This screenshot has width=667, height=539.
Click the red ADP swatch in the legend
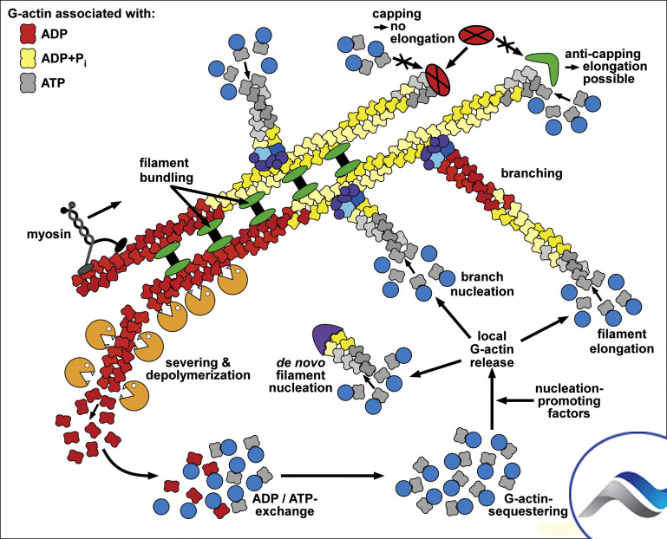click(28, 34)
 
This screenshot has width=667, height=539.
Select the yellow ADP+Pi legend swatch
click(28, 58)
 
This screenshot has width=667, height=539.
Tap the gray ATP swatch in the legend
click(28, 83)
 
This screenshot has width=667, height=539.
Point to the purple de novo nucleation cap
click(324, 336)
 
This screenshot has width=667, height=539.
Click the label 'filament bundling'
click(165, 170)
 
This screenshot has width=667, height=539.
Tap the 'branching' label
click(532, 173)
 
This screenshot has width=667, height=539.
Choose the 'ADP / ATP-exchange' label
click(284, 504)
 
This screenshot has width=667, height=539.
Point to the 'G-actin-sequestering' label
click(527, 504)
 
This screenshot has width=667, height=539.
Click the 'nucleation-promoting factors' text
click(569, 401)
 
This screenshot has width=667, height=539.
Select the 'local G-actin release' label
click(492, 349)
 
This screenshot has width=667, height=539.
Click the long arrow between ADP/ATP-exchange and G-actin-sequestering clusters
click(333, 476)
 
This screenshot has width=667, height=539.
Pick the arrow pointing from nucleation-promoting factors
click(514, 400)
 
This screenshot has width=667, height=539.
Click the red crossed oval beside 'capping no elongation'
click(476, 35)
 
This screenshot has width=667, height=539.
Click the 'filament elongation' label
click(622, 341)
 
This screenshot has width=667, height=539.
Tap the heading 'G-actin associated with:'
click(81, 14)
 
